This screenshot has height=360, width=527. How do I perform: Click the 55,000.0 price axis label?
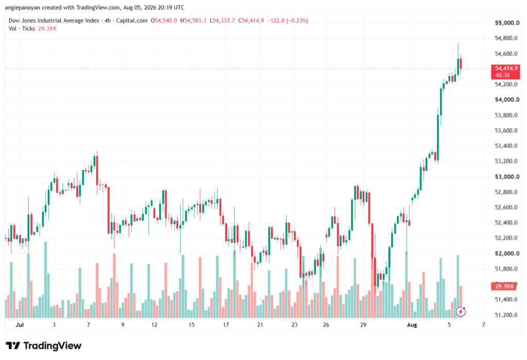tap(507, 23)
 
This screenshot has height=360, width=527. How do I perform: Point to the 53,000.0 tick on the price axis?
tap(507, 177)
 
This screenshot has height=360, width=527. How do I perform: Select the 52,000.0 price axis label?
tap(507, 254)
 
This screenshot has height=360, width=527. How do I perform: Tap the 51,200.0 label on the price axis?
tap(506, 315)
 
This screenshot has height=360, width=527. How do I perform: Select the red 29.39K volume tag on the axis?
tap(503, 286)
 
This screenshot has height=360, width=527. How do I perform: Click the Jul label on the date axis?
tap(20, 325)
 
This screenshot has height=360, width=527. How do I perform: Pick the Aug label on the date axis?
tap(412, 325)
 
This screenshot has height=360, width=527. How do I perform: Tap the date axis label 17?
tap(226, 325)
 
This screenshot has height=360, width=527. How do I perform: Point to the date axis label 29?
tap(363, 325)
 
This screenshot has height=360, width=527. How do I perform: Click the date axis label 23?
tap(294, 325)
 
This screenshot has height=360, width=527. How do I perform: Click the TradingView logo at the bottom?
tap(44, 346)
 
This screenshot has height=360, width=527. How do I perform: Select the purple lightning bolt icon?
tap(461, 312)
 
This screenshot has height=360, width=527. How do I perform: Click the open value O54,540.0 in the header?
tap(164, 21)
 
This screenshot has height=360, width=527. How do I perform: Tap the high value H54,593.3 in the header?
tap(194, 21)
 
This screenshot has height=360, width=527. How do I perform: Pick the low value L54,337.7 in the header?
tap(222, 21)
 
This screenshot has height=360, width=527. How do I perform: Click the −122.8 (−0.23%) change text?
tap(287, 21)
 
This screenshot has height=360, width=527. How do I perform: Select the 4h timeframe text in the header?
tap(108, 21)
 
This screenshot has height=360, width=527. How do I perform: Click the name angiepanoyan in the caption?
tap(23, 7)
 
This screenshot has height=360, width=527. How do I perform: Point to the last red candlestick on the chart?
tap(461, 64)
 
